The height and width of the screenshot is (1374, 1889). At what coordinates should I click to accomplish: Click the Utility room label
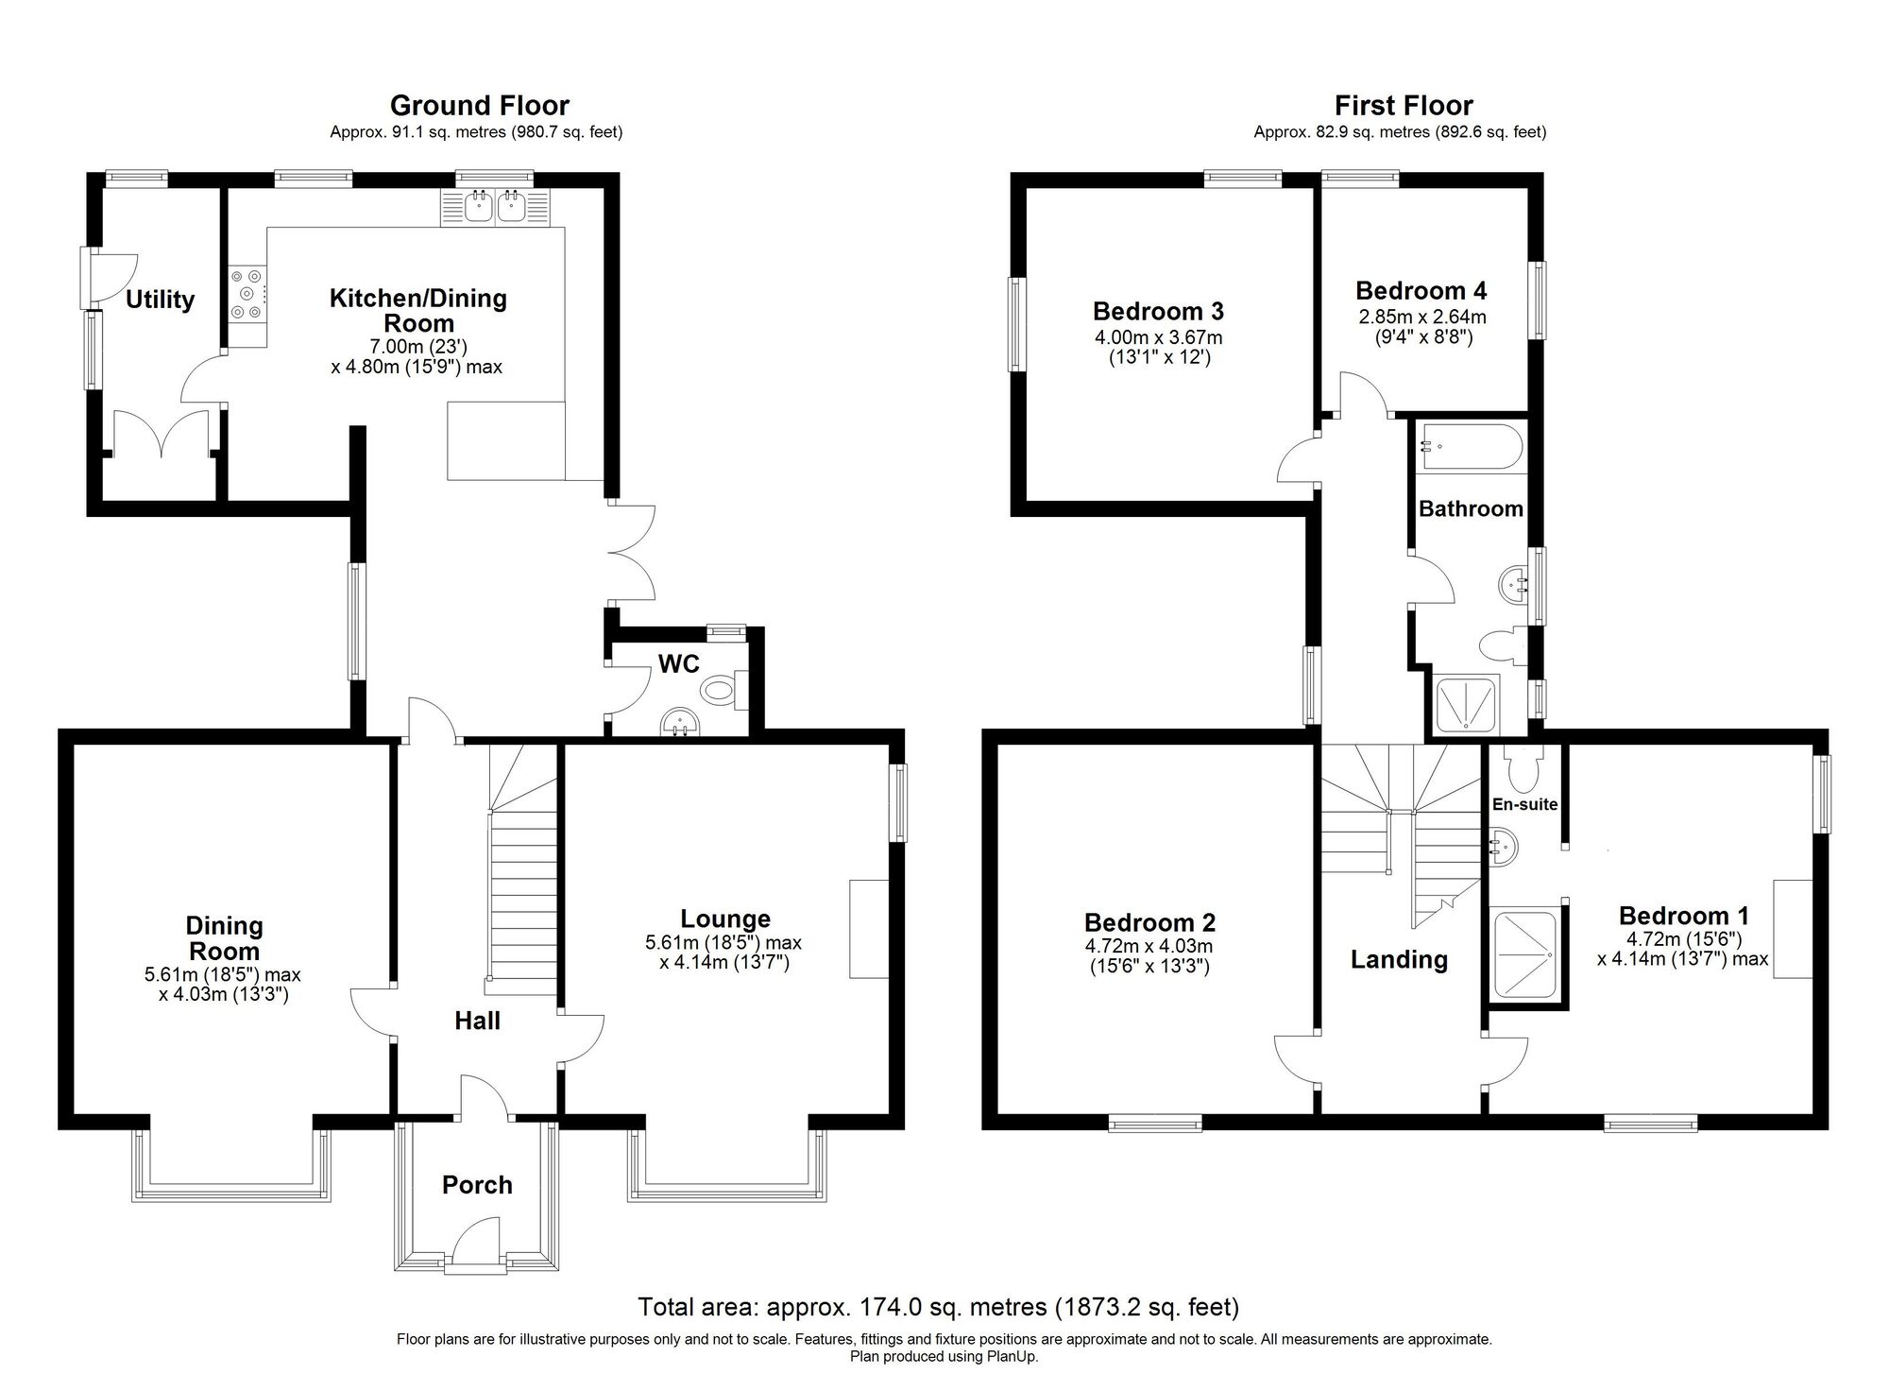click(x=160, y=300)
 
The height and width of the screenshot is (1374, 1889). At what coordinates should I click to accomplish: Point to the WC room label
click(x=679, y=663)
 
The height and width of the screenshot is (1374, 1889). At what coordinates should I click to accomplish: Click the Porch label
click(x=477, y=1185)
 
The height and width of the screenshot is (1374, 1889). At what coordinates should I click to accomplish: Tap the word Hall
click(x=477, y=1021)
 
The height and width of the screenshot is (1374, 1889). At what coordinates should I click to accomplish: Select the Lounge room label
click(x=725, y=919)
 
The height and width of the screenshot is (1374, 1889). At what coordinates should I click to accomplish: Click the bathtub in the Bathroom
click(x=1470, y=448)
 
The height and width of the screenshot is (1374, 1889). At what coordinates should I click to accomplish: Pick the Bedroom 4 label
click(x=1421, y=290)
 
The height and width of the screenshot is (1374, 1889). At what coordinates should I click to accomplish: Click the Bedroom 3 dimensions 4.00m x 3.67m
click(x=1158, y=337)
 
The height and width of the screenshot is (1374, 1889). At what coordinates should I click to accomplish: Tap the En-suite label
click(x=1524, y=804)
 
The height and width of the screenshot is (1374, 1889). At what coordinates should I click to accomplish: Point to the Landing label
click(x=1399, y=959)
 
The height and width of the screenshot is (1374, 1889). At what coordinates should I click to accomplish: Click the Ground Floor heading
click(x=480, y=105)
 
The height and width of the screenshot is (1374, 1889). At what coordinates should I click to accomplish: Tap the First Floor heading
click(x=1404, y=105)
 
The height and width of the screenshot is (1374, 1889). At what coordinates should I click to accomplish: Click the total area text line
click(x=939, y=1307)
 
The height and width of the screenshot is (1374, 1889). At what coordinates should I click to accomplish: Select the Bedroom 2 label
click(x=1149, y=922)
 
